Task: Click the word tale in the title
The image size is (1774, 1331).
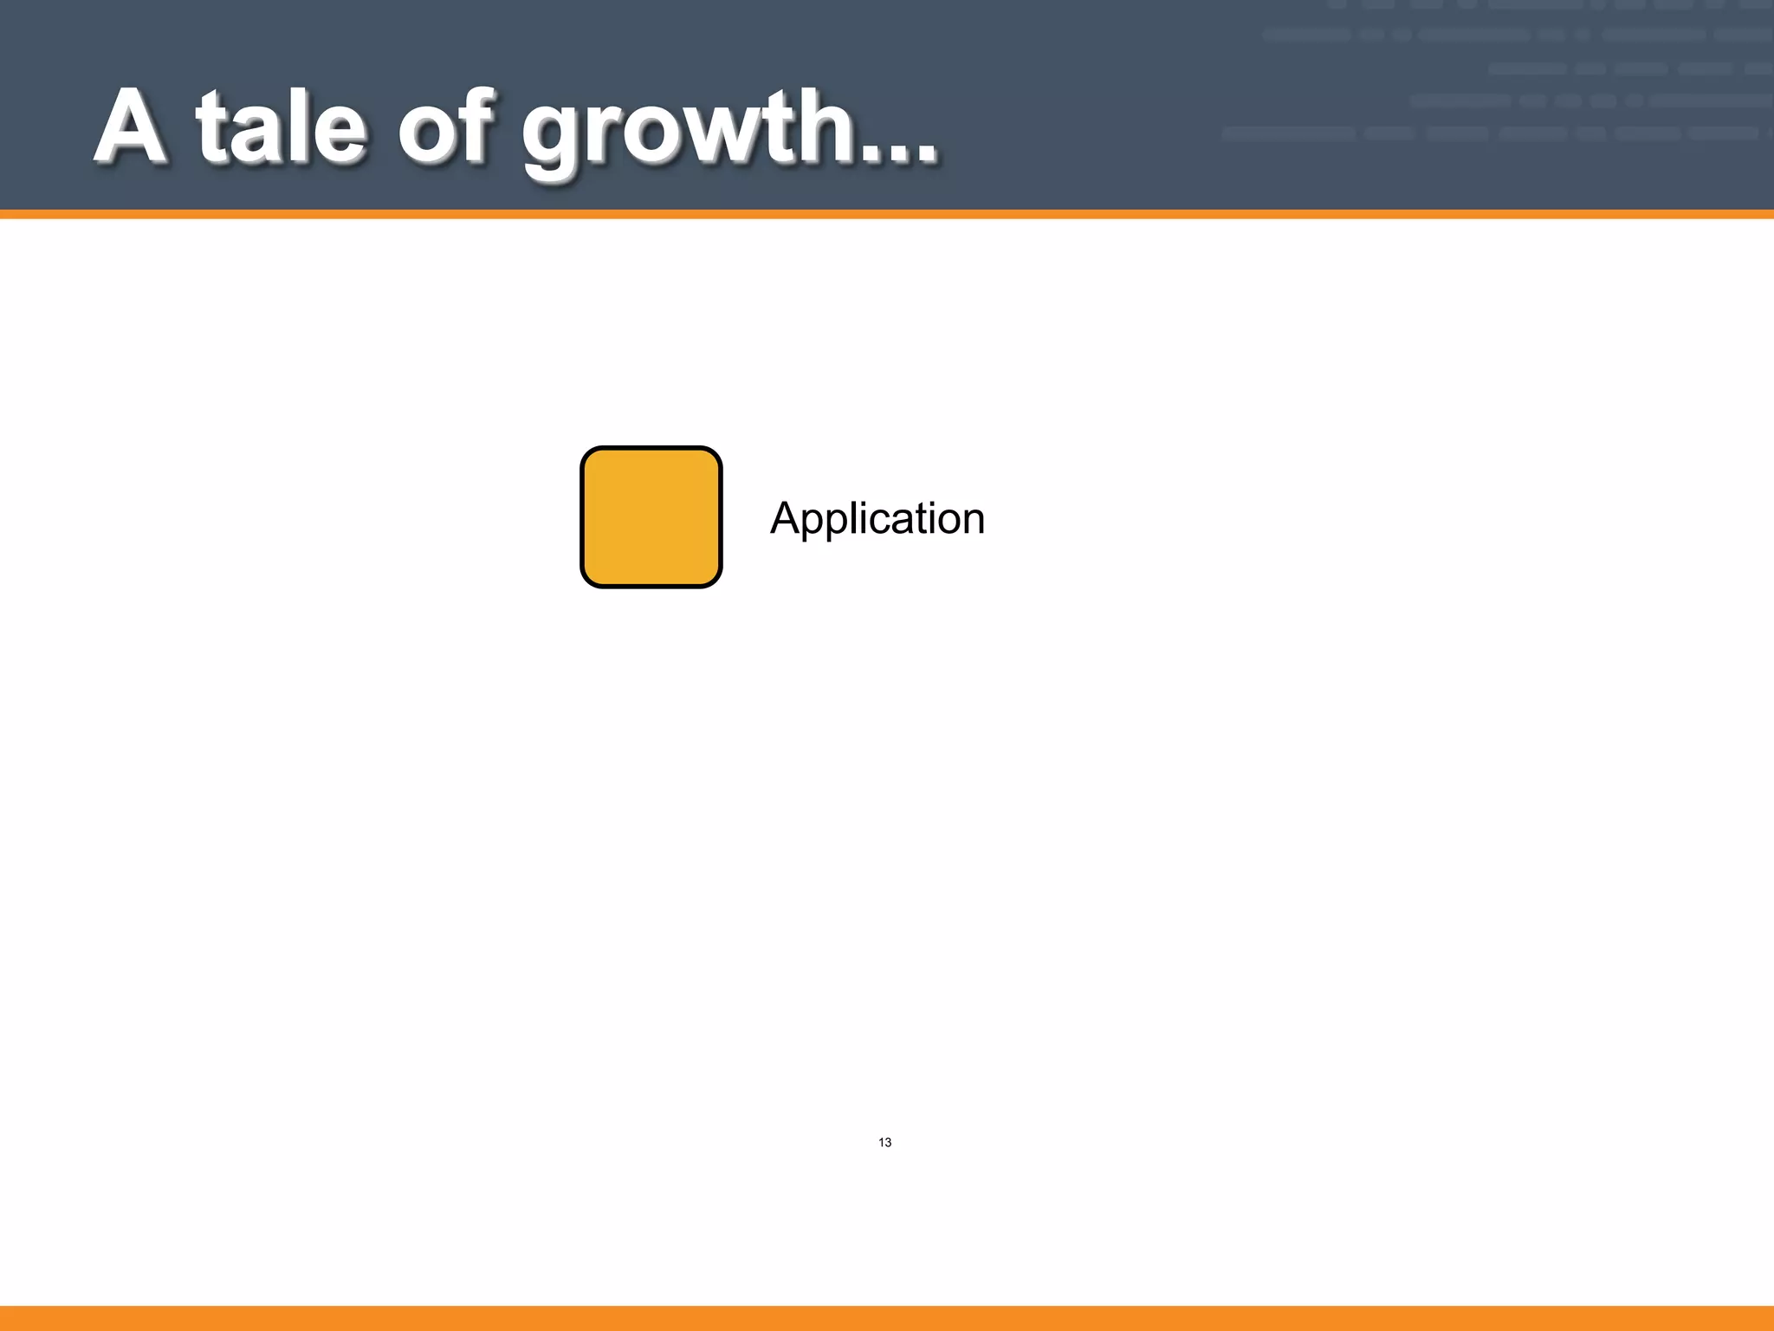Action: [x=282, y=127]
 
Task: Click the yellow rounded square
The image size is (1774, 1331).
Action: [x=651, y=517]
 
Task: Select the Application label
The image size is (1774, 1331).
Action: [x=877, y=518]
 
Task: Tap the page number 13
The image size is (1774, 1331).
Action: [x=884, y=1142]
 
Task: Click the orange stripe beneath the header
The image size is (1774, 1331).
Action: [x=887, y=214]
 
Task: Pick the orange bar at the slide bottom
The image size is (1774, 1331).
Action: [x=887, y=1318]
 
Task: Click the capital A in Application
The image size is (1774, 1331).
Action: [x=785, y=517]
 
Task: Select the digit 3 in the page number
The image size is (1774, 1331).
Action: [x=888, y=1142]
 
